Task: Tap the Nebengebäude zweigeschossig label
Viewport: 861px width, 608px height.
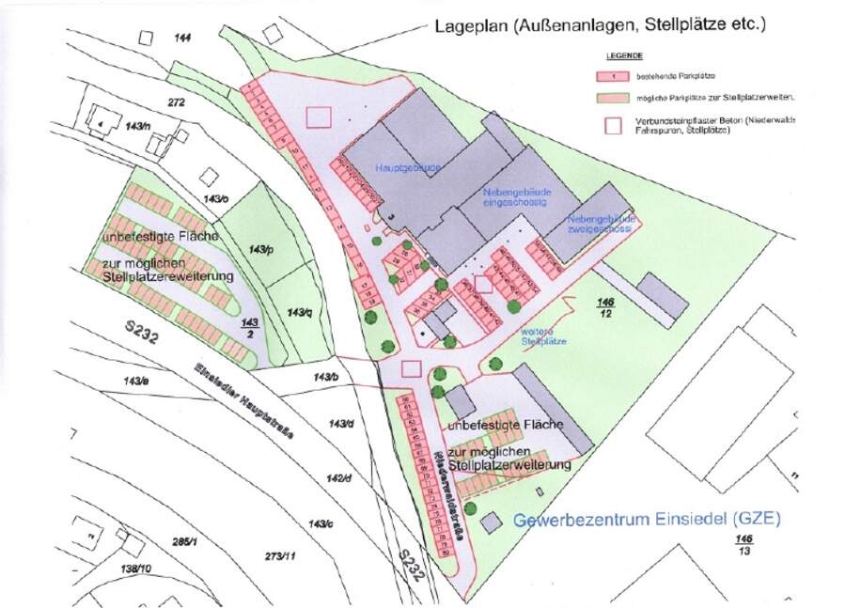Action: [x=602, y=223]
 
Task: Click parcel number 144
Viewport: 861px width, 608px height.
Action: [x=183, y=37]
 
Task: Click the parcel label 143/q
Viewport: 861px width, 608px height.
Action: [x=298, y=311]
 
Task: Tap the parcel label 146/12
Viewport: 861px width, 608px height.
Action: [x=606, y=306]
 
